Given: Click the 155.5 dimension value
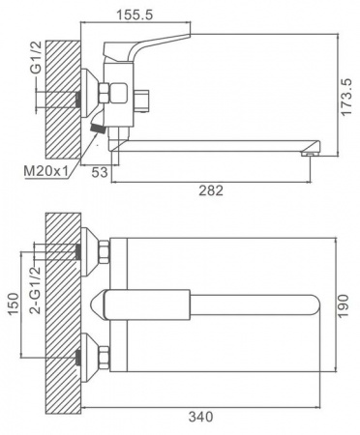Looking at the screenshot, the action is pyautogui.click(x=135, y=14).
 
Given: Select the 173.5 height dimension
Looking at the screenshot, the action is pyautogui.click(x=347, y=96).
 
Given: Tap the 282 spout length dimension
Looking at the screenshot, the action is pyautogui.click(x=211, y=190).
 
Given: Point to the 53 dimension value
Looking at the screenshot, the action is pyautogui.click(x=99, y=173).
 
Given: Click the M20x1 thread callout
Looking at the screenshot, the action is pyautogui.click(x=45, y=171).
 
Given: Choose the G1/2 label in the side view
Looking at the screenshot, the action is pyautogui.click(x=37, y=58).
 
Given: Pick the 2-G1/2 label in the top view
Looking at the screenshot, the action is pyautogui.click(x=35, y=290).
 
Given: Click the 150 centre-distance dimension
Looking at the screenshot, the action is pyautogui.click(x=13, y=304).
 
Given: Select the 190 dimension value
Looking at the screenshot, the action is pyautogui.click(x=345, y=305).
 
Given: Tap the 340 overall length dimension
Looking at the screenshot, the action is pyautogui.click(x=200, y=417).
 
